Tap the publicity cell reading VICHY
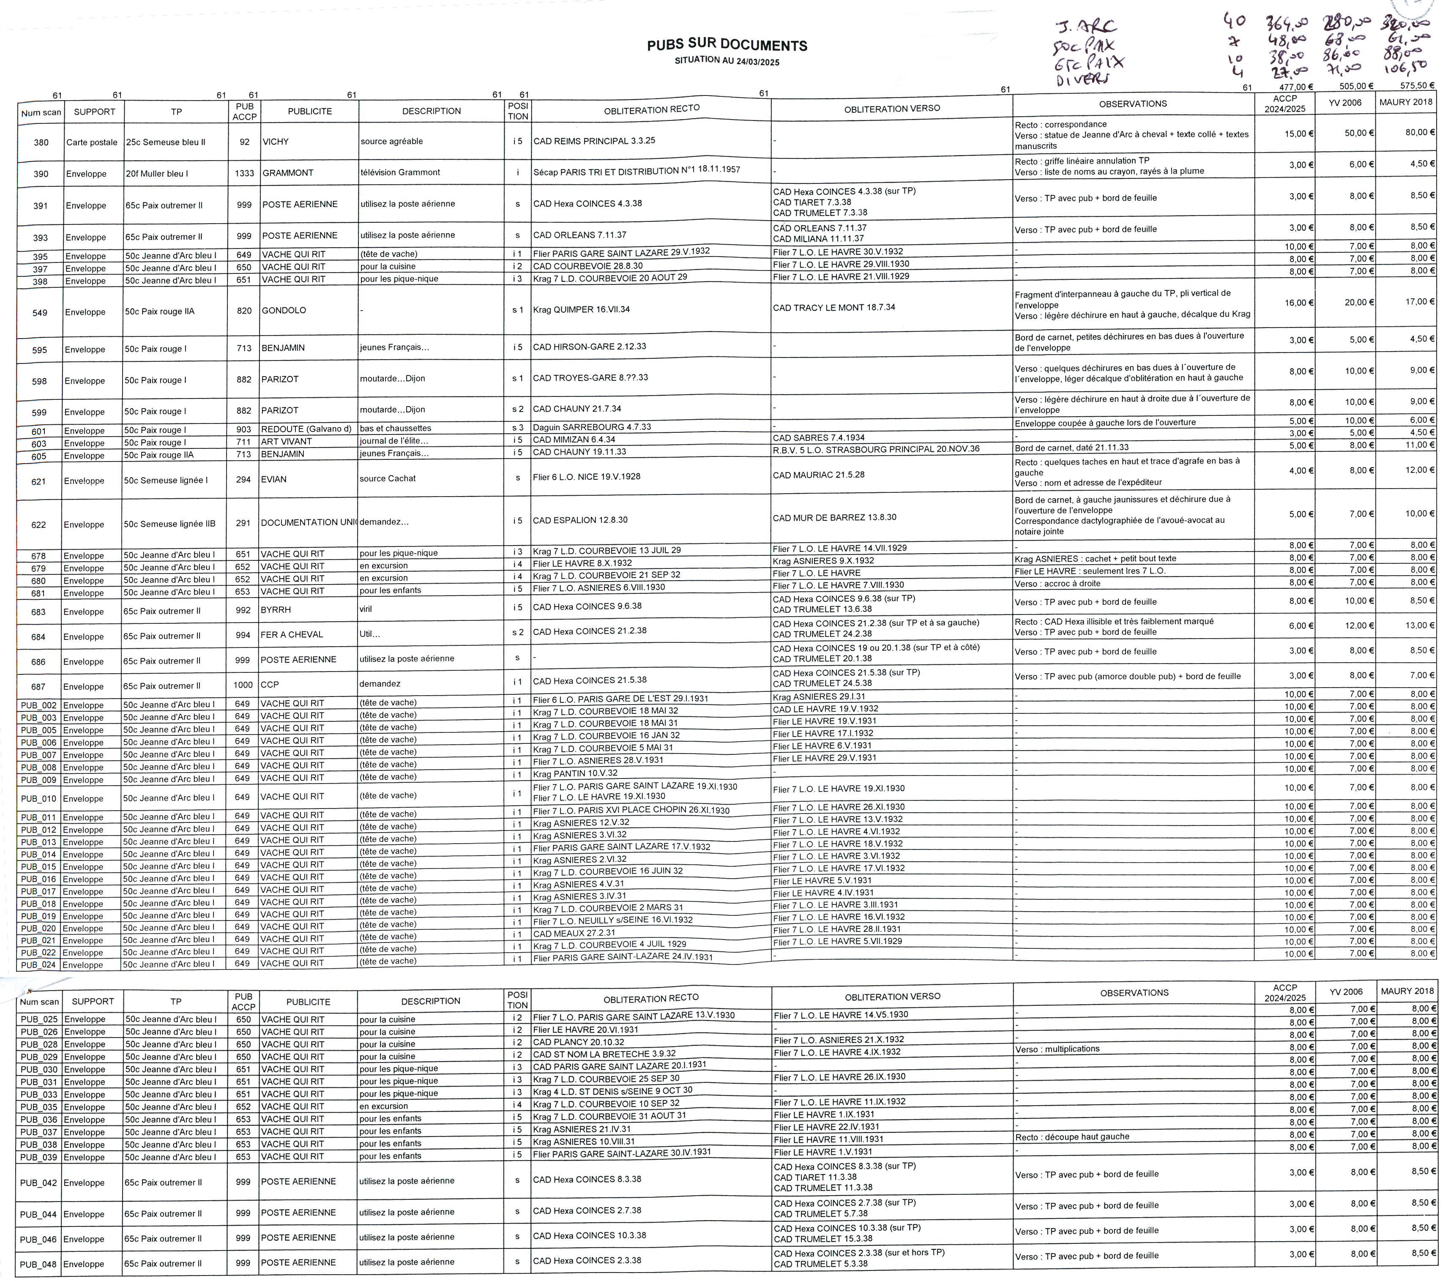coord(276,142)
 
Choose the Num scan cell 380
coord(41,143)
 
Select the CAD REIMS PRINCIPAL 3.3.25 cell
coord(594,141)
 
